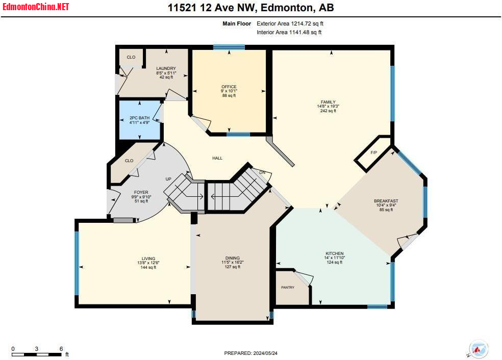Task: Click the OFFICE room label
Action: click(229, 87)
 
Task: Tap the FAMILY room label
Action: click(328, 102)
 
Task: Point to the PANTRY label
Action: click(288, 288)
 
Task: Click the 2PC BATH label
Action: click(140, 118)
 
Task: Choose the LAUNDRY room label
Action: click(166, 68)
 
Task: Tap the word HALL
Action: click(217, 158)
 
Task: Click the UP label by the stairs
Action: click(168, 179)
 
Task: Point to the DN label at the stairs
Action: click(262, 172)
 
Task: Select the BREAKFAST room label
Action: click(386, 201)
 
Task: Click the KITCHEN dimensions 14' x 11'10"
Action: click(335, 258)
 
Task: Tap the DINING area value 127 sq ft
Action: click(233, 267)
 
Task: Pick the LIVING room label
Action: click(148, 259)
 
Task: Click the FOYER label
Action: click(141, 192)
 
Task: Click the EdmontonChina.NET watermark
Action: click(36, 7)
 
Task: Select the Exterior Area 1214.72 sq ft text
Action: click(290, 23)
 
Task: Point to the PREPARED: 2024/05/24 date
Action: click(250, 353)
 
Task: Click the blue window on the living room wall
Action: click(77, 263)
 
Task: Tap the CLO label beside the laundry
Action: click(131, 57)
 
